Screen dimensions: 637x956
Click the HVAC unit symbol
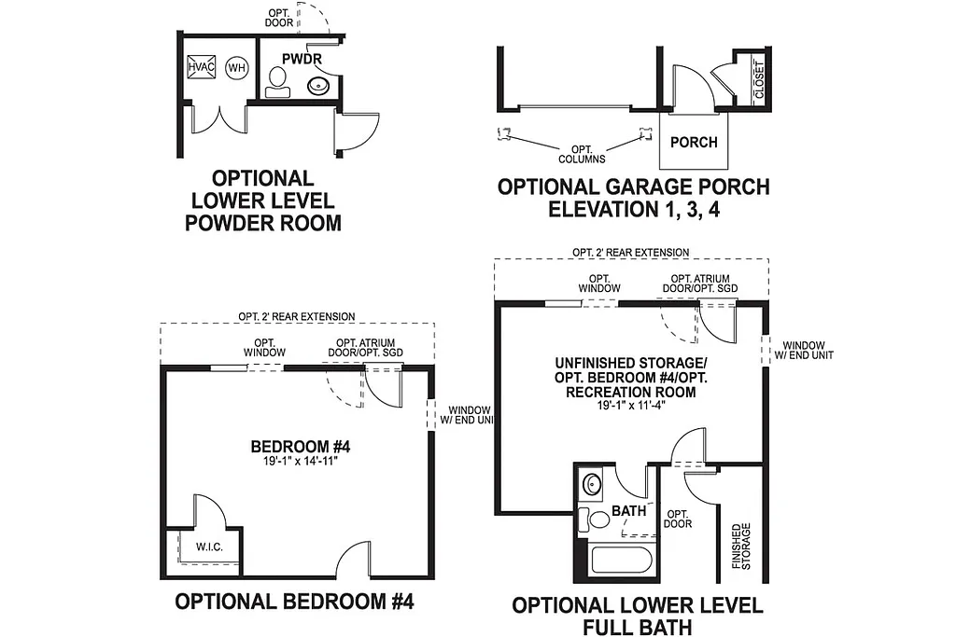(201, 68)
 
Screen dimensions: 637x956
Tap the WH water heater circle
(237, 68)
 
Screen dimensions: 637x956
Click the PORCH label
(694, 142)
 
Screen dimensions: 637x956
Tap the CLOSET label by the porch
(758, 81)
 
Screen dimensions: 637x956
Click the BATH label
(629, 511)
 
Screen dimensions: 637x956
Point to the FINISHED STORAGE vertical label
(742, 546)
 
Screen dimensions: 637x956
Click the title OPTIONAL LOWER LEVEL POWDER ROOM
(262, 200)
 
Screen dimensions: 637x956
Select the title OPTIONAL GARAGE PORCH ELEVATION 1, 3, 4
(633, 198)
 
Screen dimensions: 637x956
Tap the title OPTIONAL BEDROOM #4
(294, 602)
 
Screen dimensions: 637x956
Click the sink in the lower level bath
(590, 485)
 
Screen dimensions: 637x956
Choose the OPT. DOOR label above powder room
(280, 17)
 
